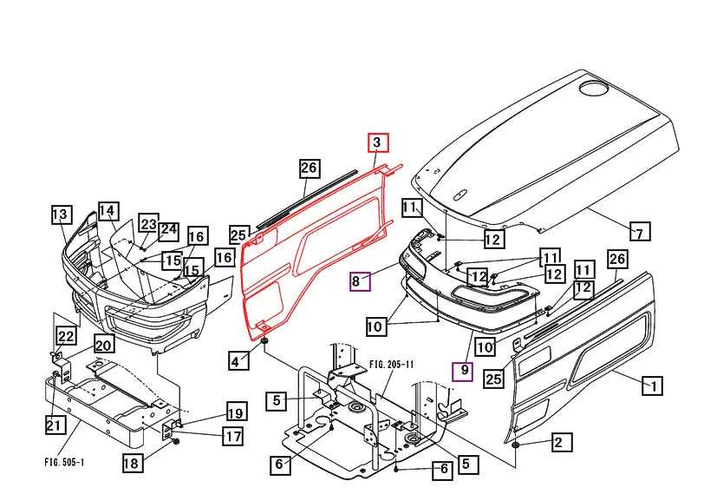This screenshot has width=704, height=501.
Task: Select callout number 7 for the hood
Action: [x=639, y=232]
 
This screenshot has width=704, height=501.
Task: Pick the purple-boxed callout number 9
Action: [x=464, y=371]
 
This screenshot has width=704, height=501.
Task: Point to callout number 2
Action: [x=558, y=443]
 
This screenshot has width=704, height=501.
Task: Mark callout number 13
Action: [x=60, y=214]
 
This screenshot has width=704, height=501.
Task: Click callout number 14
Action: [x=108, y=211]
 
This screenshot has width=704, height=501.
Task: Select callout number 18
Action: [x=131, y=463]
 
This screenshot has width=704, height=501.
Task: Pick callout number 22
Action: [x=66, y=336]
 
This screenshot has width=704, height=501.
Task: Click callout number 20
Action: [x=104, y=345]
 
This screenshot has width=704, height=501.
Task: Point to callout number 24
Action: [x=168, y=230]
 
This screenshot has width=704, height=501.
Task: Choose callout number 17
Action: [x=232, y=436]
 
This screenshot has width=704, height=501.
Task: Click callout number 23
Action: [x=148, y=226]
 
